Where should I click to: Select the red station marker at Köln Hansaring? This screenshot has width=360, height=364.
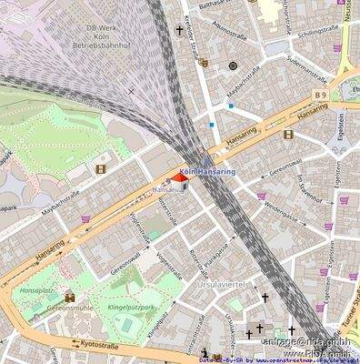tap(178, 180)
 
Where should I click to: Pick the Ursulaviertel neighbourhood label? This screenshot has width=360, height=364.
tap(222, 284)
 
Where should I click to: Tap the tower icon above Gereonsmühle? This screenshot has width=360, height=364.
tap(69, 297)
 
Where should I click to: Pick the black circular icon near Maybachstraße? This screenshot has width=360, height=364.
tap(233, 66)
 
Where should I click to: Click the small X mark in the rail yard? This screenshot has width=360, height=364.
tap(131, 91)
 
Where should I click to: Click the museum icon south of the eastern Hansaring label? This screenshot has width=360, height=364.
tap(287, 135)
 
